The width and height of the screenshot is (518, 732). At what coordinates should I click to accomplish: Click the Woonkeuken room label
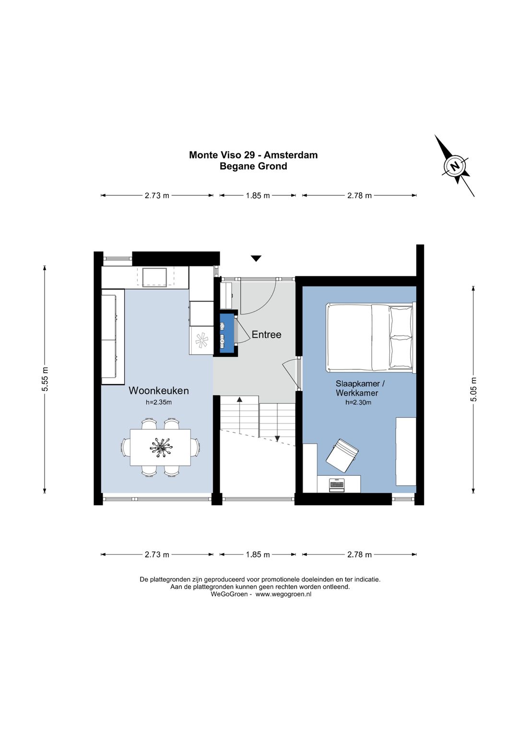click(158, 390)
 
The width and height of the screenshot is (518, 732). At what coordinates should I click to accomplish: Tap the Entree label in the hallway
click(266, 334)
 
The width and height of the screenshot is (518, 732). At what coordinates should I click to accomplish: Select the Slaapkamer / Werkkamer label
click(357, 388)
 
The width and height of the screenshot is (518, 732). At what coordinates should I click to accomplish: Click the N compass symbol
click(455, 165)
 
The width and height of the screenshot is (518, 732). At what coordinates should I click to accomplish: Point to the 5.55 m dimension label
click(46, 378)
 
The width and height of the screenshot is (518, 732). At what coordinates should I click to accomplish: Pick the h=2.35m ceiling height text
click(158, 402)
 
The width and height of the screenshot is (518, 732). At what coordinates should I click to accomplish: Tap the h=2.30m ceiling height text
click(358, 402)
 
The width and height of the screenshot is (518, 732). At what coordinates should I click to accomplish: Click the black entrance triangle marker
click(256, 259)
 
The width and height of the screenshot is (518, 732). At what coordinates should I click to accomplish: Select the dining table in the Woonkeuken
click(161, 447)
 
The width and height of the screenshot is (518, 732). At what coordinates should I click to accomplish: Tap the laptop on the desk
click(337, 484)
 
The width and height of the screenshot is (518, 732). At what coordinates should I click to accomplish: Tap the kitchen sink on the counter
click(154, 277)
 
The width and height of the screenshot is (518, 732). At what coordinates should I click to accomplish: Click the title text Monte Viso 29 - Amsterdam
click(253, 154)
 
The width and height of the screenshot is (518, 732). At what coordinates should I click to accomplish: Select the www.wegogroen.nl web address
click(283, 594)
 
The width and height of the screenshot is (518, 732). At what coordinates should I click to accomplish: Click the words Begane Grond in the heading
click(253, 166)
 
